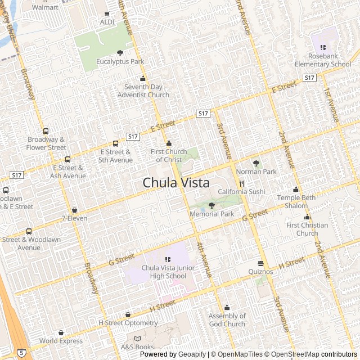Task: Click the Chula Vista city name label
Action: tap(176, 183)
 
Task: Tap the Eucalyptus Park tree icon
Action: tap(120, 53)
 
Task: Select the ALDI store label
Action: tap(107, 22)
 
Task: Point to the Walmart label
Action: tap(45, 7)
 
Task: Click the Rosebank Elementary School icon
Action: tap(323, 47)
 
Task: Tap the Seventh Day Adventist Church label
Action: tap(143, 91)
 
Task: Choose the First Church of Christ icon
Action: tap(169, 143)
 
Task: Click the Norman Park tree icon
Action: tap(256, 163)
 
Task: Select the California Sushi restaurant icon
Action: tap(241, 183)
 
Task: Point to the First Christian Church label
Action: tap(307, 229)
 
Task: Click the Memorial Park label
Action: tap(211, 214)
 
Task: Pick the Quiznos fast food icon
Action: tap(260, 263)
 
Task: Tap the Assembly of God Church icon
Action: tap(227, 308)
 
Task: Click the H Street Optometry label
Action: tap(128, 323)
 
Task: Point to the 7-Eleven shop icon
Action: tap(74, 210)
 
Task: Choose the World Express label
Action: tap(61, 341)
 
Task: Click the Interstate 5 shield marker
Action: tap(21, 353)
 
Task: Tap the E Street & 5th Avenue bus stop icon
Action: tap(115, 143)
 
